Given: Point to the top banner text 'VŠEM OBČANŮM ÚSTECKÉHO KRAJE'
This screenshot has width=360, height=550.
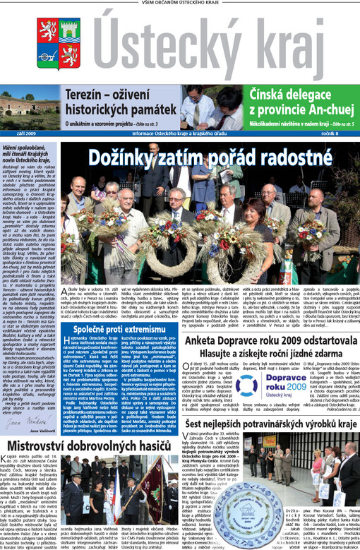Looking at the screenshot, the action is pos(179,4).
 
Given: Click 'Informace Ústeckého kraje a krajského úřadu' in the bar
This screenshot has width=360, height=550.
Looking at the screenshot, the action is pos(180,133).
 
